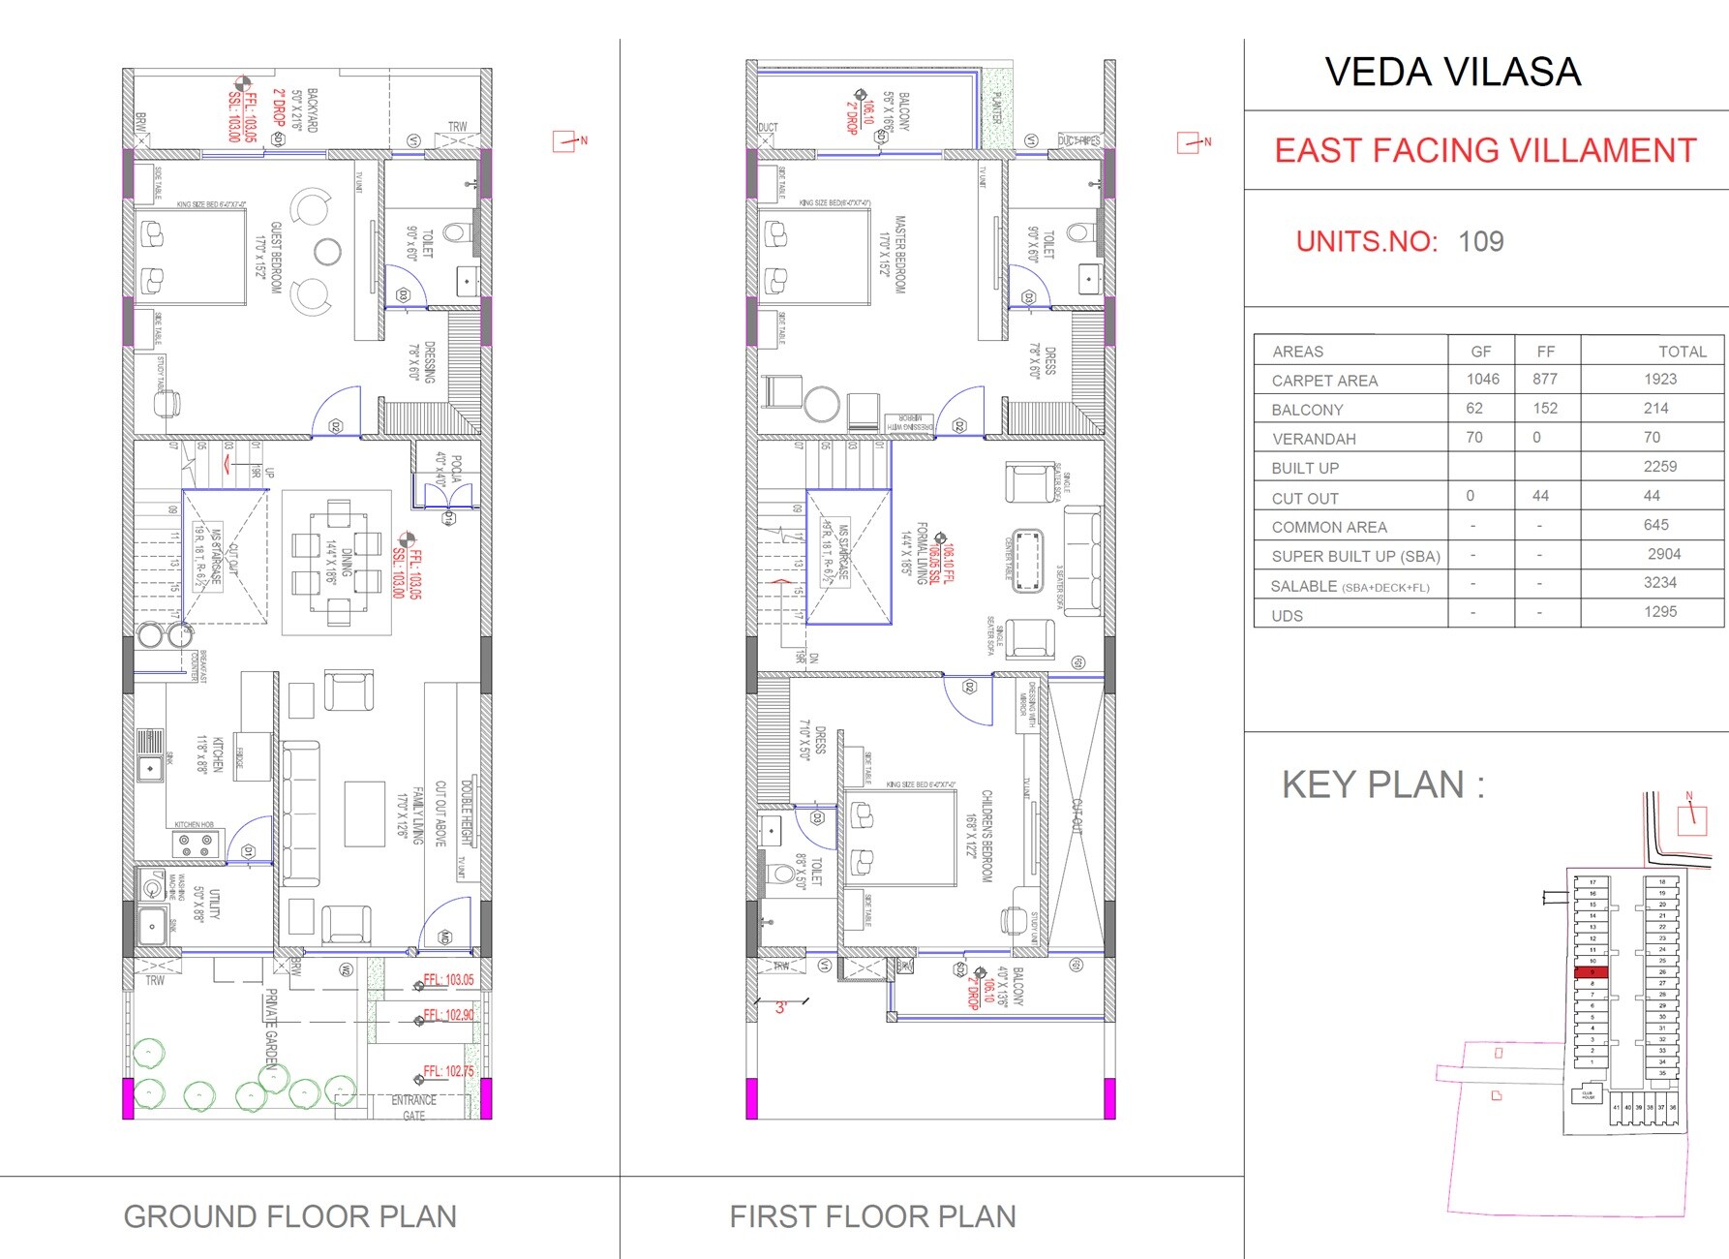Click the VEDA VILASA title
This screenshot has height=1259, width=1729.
[1452, 73]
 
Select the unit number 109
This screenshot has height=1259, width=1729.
[1480, 241]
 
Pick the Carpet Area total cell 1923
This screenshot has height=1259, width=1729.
[1659, 380]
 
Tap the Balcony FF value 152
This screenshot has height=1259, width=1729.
[1545, 409]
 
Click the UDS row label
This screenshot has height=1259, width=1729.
[1287, 616]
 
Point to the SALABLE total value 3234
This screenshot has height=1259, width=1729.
[1659, 583]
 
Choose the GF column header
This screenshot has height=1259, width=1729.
[1480, 352]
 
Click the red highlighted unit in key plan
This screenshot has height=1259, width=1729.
[1592, 971]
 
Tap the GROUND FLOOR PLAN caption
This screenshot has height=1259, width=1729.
[289, 1216]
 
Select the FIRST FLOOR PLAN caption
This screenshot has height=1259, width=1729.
[872, 1216]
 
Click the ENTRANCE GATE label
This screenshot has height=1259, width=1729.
[413, 1108]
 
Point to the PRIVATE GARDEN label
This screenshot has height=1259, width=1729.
[272, 1027]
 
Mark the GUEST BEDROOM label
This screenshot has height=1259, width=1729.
[276, 258]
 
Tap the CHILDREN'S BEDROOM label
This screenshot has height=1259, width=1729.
[986, 835]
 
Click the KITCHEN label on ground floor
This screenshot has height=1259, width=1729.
[218, 754]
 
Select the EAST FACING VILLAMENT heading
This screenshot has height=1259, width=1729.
[1485, 151]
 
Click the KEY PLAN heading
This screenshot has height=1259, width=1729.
[1382, 784]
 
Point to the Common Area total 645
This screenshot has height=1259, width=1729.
[1655, 525]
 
